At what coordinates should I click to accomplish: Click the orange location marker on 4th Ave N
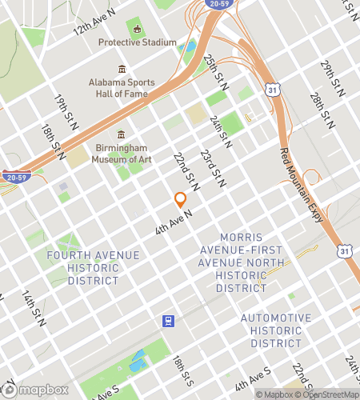click(x=180, y=200)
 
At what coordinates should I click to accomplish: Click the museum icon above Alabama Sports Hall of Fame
click(x=122, y=70)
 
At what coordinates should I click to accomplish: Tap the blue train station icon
click(x=169, y=322)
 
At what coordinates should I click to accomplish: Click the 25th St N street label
click(x=213, y=71)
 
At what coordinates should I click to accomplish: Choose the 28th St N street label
click(x=321, y=110)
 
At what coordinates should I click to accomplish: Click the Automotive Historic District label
click(x=276, y=330)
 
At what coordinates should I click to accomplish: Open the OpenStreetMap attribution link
click(x=328, y=394)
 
